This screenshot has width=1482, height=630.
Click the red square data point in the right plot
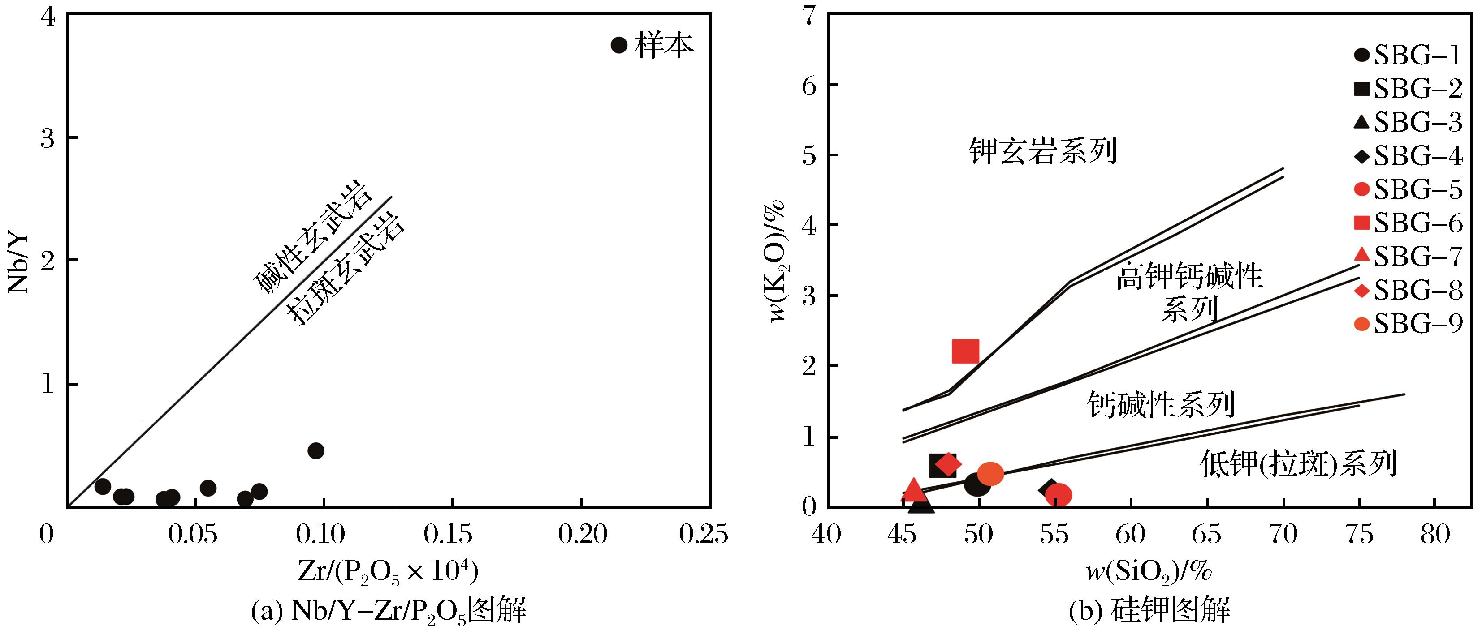pyautogui.click(x=965, y=351)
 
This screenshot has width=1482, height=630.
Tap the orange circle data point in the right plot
pyautogui.click(x=990, y=474)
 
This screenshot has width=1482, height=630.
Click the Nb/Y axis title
pyautogui.click(x=19, y=263)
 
